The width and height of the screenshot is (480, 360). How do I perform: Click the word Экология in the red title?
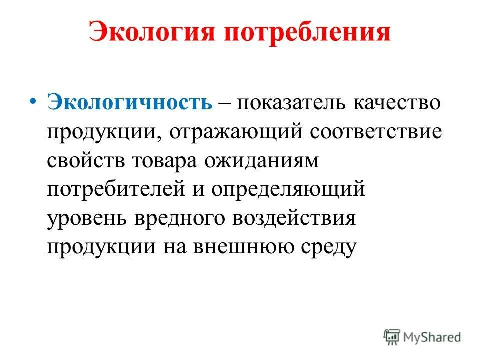pos(150,34)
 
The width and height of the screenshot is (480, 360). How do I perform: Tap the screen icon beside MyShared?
pos(392,336)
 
